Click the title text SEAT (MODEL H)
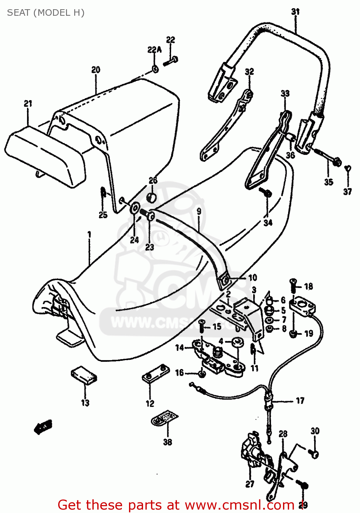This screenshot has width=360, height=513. click(46, 13)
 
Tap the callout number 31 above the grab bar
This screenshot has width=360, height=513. click(295, 12)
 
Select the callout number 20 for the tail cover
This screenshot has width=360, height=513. click(96, 70)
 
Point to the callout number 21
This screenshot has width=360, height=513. click(28, 103)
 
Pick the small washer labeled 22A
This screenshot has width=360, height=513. click(155, 69)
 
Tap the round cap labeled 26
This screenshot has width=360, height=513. click(152, 198)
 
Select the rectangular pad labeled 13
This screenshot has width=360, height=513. click(84, 376)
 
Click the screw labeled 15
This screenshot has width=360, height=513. click(202, 327)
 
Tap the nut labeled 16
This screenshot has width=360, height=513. click(202, 374)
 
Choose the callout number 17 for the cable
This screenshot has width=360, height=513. click(300, 400)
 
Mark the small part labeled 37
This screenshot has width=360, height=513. click(348, 169)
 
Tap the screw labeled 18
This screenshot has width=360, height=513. click(293, 284)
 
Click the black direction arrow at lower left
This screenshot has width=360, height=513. click(43, 426)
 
